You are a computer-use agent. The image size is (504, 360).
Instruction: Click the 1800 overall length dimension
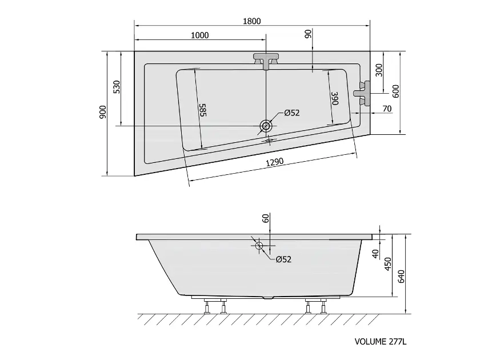coord(251,21)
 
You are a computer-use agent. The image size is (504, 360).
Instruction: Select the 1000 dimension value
coord(200,35)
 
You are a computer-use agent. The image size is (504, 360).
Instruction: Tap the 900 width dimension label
coord(102,112)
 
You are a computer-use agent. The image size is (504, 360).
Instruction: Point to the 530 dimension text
coord(117,87)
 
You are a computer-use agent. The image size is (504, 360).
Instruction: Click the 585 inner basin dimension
coord(203,110)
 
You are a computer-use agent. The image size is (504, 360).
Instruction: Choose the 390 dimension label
coord(335,98)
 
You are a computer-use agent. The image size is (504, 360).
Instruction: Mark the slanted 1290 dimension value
coord(275,162)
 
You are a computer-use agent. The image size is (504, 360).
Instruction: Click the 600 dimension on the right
coord(395,91)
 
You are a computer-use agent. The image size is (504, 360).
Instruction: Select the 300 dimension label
coord(379,70)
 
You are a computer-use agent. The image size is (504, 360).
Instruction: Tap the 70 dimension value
coord(387,109)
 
